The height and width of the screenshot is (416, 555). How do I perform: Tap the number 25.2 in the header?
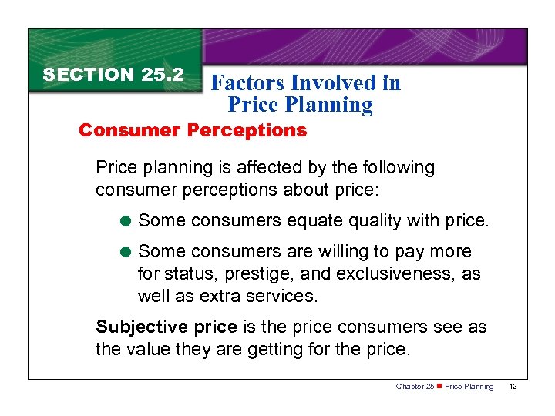tap(163, 75)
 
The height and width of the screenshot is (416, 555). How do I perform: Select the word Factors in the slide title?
tap(246, 83)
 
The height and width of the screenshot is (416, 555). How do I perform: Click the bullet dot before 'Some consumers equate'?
tap(126, 222)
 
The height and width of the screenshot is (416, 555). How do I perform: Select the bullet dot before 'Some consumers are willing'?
tap(126, 252)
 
